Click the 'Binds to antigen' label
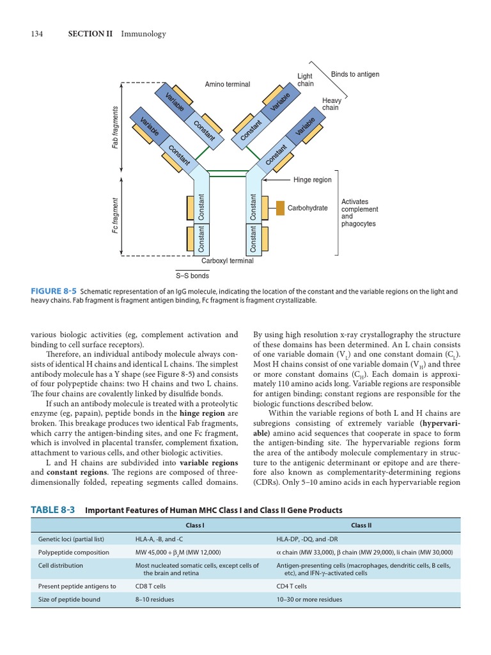(x=355, y=75)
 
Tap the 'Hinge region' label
(x=312, y=180)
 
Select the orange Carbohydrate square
(x=280, y=208)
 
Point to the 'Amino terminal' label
(x=228, y=84)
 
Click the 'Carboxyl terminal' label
(x=228, y=261)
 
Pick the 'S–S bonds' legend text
(x=192, y=276)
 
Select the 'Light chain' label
(x=306, y=80)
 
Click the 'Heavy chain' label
(x=332, y=104)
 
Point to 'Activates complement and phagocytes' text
(x=359, y=213)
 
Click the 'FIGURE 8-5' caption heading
(x=54, y=292)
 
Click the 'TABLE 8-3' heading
(x=53, y=510)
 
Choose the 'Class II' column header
(x=361, y=525)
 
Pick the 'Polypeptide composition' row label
(x=74, y=552)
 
